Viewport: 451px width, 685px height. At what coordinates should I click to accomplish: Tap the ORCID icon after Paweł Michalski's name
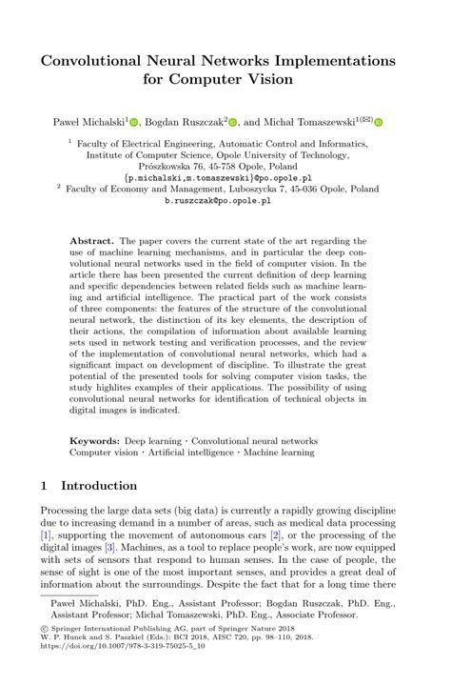click(x=134, y=122)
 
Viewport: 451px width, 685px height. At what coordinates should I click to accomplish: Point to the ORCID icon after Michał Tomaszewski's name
click(x=379, y=122)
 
